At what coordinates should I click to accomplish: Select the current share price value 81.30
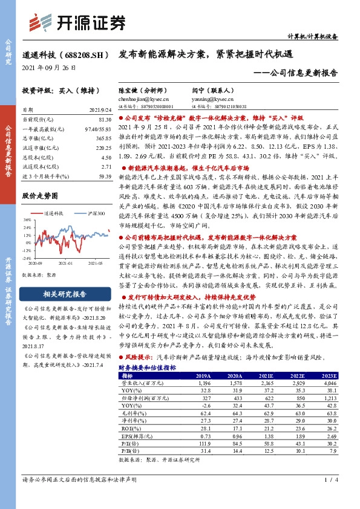point(103,120)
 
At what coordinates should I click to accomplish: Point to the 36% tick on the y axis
point(27,222)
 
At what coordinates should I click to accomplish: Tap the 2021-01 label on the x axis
point(65,264)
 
